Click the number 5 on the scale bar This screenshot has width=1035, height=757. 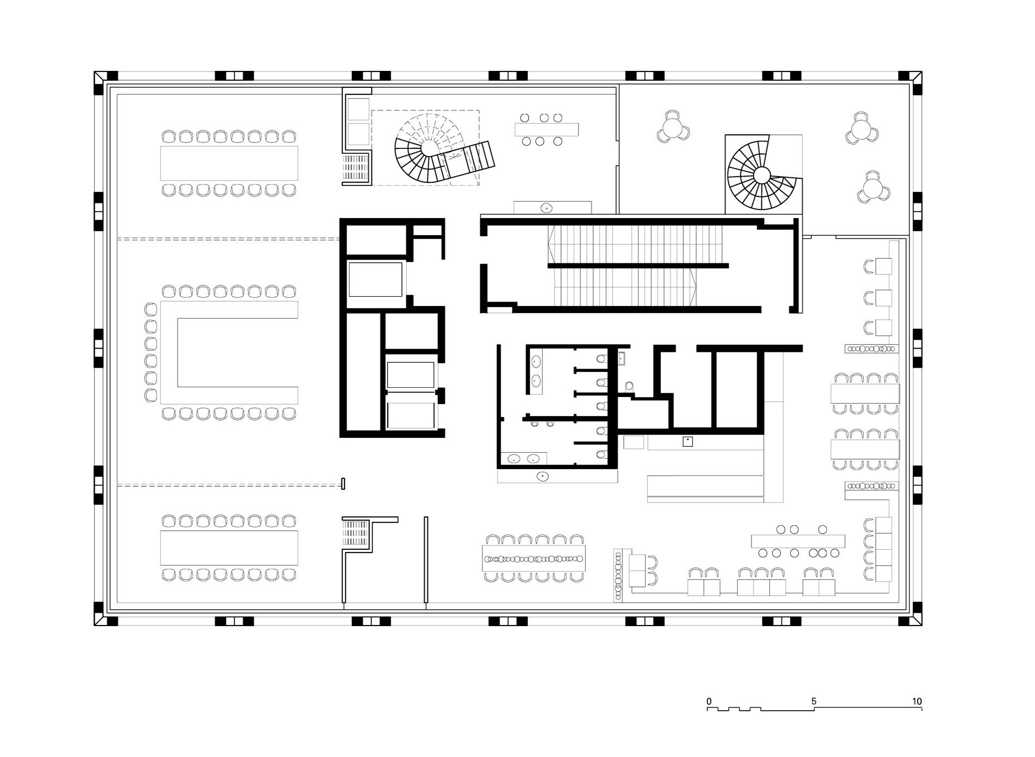point(814,701)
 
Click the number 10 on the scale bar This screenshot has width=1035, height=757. point(917,701)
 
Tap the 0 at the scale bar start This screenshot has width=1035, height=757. point(709,701)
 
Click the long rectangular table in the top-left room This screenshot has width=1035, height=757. point(229,163)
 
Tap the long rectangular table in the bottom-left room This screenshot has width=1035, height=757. point(229,548)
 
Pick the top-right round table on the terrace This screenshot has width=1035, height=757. point(862,129)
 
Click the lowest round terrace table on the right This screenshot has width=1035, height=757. point(874,188)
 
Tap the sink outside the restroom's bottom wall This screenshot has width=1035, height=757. point(543,476)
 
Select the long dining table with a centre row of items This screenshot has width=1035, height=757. point(534,558)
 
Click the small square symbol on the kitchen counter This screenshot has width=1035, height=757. point(688,442)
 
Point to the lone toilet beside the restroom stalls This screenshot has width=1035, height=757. point(630,386)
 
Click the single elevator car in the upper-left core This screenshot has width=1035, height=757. point(376,279)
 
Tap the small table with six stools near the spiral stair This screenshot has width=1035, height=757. point(546,130)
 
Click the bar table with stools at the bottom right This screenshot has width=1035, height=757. point(798,541)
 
